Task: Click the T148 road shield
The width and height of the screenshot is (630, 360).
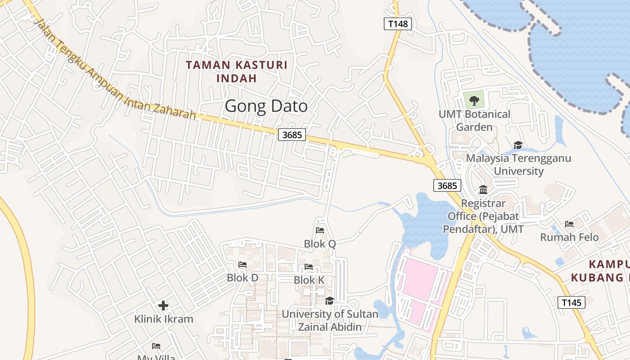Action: point(398,24)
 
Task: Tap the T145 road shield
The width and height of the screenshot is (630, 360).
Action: point(571,302)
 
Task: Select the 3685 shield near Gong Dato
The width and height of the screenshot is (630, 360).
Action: point(292,135)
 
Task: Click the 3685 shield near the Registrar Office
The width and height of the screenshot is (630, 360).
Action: point(448,185)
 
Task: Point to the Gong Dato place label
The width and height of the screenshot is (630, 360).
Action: point(266,106)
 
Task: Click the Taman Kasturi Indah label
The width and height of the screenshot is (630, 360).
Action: point(237,72)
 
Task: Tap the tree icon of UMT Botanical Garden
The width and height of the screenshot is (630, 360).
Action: point(474,99)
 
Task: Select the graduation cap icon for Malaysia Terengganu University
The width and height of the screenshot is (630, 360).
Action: point(518,145)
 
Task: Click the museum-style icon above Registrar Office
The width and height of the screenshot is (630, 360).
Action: point(483,189)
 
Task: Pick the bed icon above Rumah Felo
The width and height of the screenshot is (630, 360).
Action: point(569,224)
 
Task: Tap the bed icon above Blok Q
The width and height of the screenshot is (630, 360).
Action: point(320,230)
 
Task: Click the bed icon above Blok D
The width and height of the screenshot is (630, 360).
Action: point(243,265)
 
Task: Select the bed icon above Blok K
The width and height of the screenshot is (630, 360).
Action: point(309,267)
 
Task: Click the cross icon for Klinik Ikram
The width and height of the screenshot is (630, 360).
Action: point(163,306)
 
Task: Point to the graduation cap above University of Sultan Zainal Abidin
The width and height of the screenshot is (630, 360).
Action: point(329,301)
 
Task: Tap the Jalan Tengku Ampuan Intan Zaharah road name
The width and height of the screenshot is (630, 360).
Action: point(115,70)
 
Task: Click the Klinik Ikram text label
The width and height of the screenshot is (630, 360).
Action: point(164,319)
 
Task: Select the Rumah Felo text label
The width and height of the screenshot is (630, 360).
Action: point(569,237)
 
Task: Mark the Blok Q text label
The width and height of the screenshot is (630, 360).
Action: point(320,244)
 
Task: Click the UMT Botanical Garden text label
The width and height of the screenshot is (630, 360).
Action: point(474,121)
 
